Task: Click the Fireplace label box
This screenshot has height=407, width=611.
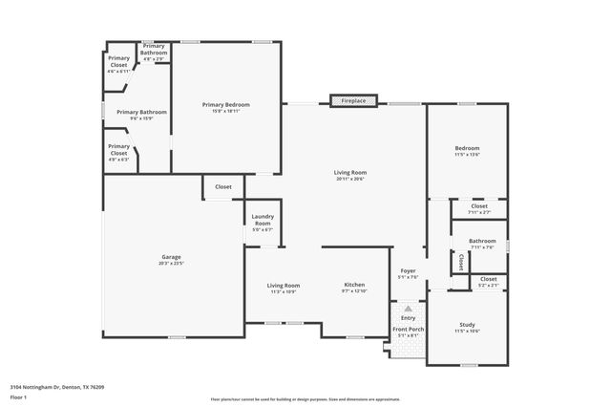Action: click(x=353, y=99)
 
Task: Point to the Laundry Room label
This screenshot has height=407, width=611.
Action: click(x=263, y=222)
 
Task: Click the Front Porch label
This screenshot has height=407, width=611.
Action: click(x=409, y=332)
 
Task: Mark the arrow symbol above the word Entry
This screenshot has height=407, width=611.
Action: click(x=408, y=310)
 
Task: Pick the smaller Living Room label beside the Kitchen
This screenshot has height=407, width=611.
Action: click(x=284, y=287)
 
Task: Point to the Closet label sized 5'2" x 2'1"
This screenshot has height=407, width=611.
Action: click(x=487, y=281)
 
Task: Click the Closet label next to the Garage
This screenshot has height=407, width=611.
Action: click(x=222, y=187)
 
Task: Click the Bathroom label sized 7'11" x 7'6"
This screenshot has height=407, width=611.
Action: click(x=482, y=243)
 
